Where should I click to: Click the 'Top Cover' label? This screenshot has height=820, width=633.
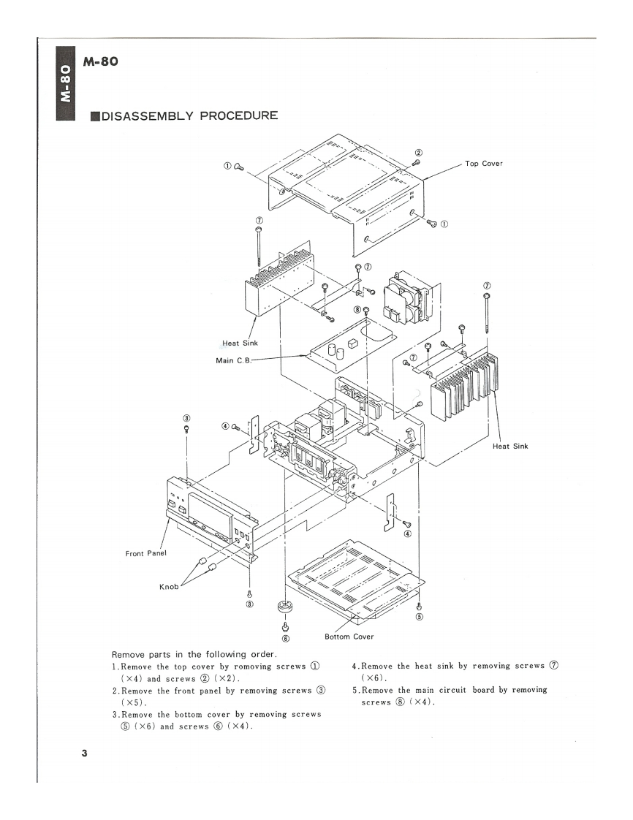(x=483, y=163)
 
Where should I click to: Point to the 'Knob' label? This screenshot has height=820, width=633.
(x=169, y=586)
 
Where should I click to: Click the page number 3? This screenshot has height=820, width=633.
(x=85, y=753)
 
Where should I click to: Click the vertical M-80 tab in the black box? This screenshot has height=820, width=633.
(x=65, y=83)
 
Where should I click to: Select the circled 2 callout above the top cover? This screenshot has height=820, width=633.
(x=418, y=152)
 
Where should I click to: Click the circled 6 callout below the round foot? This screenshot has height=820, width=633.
(x=285, y=638)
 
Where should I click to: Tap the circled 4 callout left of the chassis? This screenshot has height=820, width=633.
(x=225, y=425)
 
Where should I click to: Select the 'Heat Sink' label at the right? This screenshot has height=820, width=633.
(x=510, y=445)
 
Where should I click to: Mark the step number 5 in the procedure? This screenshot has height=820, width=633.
(x=354, y=690)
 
